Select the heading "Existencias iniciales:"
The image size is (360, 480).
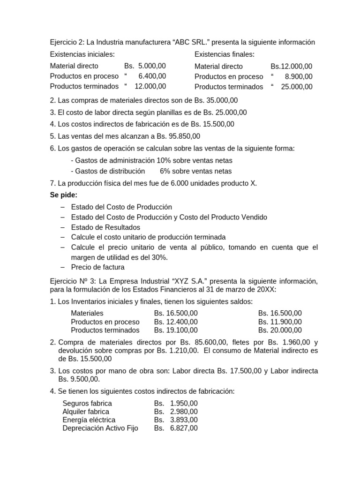82,54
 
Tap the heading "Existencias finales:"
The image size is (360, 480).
225,54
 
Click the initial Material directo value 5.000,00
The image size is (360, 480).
152,66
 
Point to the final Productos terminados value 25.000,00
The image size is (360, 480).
297,87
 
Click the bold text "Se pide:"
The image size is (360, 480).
64,195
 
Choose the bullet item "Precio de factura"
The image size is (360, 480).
98,267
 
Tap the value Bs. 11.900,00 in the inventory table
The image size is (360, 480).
280,322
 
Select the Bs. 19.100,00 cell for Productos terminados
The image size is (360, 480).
176,330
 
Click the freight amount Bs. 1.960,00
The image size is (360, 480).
270,342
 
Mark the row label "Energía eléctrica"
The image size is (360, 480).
89,420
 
